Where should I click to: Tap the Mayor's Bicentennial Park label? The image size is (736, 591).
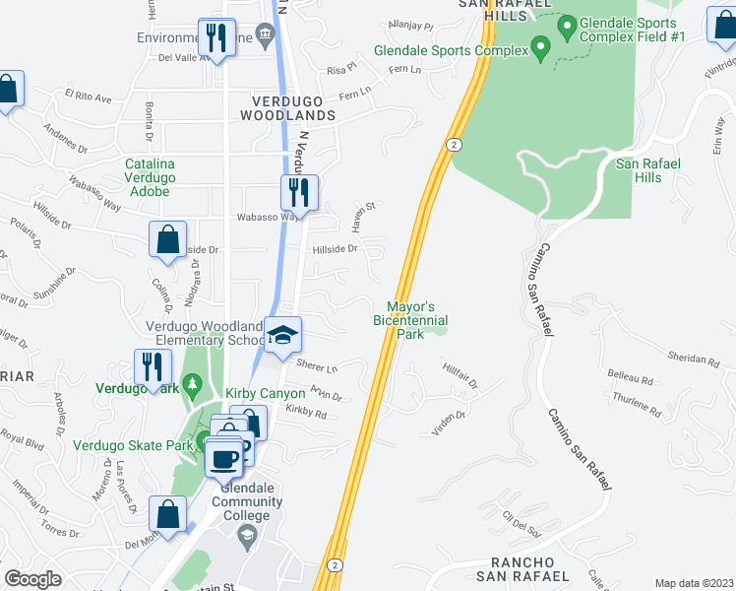[410, 320]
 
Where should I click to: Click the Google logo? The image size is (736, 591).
[32, 579]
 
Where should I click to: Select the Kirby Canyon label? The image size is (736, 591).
[266, 394]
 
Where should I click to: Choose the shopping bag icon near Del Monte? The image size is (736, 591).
[167, 512]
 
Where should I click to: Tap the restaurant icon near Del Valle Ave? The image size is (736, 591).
[215, 38]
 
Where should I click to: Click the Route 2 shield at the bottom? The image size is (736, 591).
[336, 564]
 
